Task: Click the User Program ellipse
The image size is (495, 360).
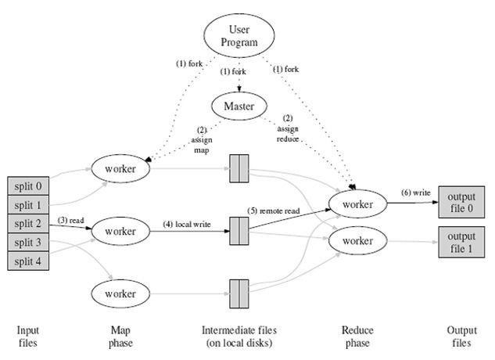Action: point(239,36)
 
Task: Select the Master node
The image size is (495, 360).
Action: point(239,106)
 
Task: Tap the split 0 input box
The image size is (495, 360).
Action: point(28,185)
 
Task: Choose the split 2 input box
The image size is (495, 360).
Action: point(28,224)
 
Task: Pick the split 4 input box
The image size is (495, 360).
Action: point(28,261)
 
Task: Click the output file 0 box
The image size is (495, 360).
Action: point(461,202)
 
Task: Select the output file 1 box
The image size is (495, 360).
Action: point(461,242)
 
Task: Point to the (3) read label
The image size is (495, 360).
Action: point(70,220)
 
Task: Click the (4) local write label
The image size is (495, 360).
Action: point(187,224)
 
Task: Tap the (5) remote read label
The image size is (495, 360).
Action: point(274,211)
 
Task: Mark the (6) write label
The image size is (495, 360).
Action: point(416,193)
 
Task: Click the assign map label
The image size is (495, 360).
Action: point(202,140)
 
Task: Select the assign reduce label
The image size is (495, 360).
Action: point(288,128)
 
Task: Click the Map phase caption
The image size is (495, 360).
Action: point(120,337)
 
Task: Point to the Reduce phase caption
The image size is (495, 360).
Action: point(357,337)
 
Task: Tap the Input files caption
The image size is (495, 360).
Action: point(28,337)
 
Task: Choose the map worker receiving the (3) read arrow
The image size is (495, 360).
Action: point(120,231)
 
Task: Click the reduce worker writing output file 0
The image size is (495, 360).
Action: point(357,203)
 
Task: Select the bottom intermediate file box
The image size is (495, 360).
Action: point(239,293)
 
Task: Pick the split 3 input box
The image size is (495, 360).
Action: point(28,243)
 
